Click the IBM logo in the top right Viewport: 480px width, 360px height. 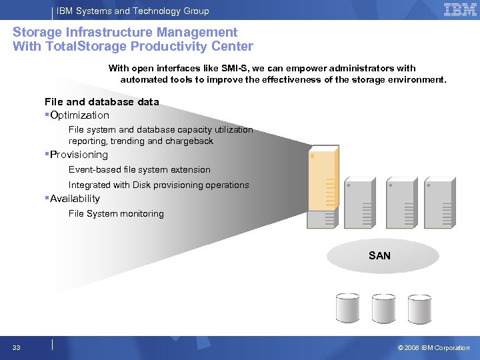459,10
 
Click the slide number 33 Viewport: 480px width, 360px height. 17,347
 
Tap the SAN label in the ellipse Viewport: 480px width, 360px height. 379,255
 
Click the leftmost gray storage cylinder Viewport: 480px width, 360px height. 347,308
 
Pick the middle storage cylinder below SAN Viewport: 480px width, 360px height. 384,308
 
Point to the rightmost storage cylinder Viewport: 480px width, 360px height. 420,308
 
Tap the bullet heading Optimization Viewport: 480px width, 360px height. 79,115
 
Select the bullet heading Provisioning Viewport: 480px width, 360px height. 79,155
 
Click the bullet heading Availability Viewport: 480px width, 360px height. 75,199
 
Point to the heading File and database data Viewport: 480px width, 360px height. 101,102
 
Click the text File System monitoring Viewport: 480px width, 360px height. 116,214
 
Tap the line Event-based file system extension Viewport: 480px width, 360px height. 139,170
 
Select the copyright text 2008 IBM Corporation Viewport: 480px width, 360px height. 433,347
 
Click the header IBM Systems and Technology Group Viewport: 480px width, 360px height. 133,11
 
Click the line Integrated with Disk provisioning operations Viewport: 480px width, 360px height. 159,185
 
